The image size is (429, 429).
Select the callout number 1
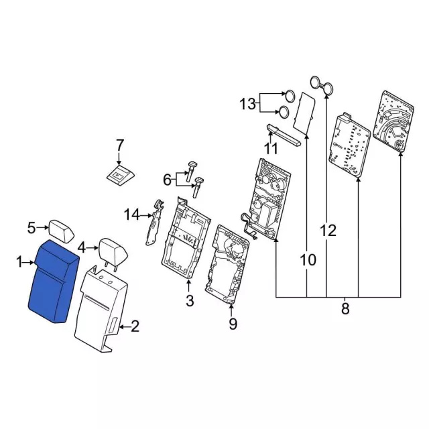coord(19,262)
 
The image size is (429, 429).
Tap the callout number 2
coord(135,326)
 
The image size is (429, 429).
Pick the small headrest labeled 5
coord(61,231)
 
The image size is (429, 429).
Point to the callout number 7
coord(120,145)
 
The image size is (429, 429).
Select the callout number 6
coord(167,180)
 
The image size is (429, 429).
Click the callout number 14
coord(132,214)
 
